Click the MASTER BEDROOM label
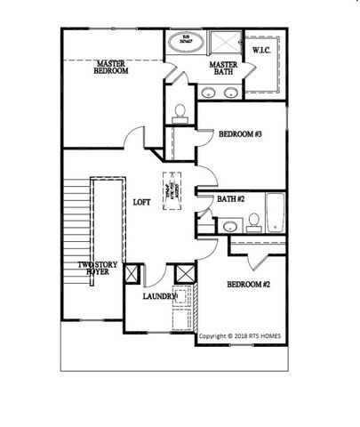(112, 67)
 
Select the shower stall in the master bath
(227, 44)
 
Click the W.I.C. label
(263, 51)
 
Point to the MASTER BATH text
(221, 69)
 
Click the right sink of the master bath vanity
(231, 91)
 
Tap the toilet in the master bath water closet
(180, 111)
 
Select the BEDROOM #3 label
(240, 135)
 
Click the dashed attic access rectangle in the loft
(170, 188)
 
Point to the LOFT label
(141, 202)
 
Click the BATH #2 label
(231, 198)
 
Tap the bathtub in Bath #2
(274, 213)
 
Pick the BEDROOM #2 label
(250, 285)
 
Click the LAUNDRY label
(160, 297)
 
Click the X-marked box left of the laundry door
(134, 273)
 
